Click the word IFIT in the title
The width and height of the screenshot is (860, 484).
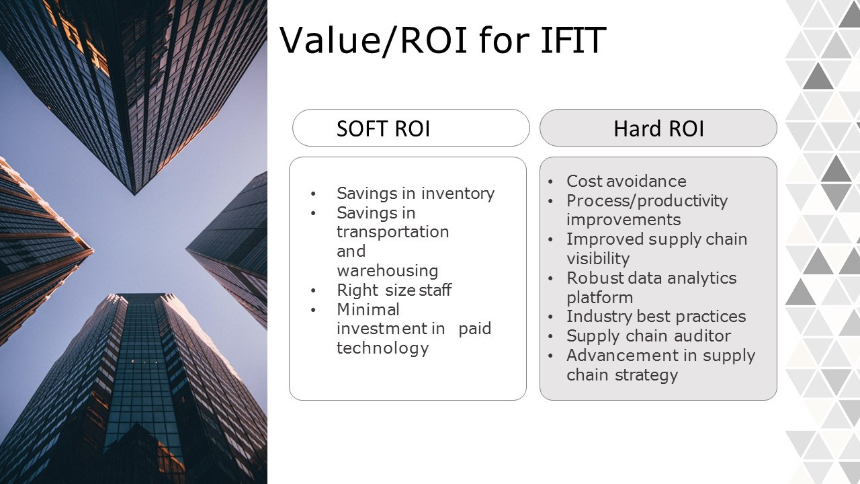[x=573, y=40]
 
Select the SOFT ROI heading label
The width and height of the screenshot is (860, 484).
[x=383, y=128]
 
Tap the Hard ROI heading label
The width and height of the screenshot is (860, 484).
[x=659, y=128]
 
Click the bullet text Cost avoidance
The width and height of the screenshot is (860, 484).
[x=627, y=181]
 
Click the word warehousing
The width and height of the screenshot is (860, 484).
[x=388, y=271]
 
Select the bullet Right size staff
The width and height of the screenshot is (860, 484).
[x=394, y=290]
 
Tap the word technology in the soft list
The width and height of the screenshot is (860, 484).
[x=382, y=348]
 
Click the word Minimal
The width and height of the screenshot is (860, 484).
[x=368, y=309]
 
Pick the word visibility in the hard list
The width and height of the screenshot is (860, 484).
[x=598, y=259]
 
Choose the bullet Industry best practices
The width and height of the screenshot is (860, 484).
[x=656, y=317]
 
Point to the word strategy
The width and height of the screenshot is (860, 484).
[x=646, y=375]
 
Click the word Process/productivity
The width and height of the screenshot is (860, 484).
[x=647, y=201]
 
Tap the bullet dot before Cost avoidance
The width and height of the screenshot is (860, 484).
[x=550, y=182]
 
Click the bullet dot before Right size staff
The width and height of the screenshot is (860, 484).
[x=313, y=291]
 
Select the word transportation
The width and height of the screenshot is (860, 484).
[x=393, y=232]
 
